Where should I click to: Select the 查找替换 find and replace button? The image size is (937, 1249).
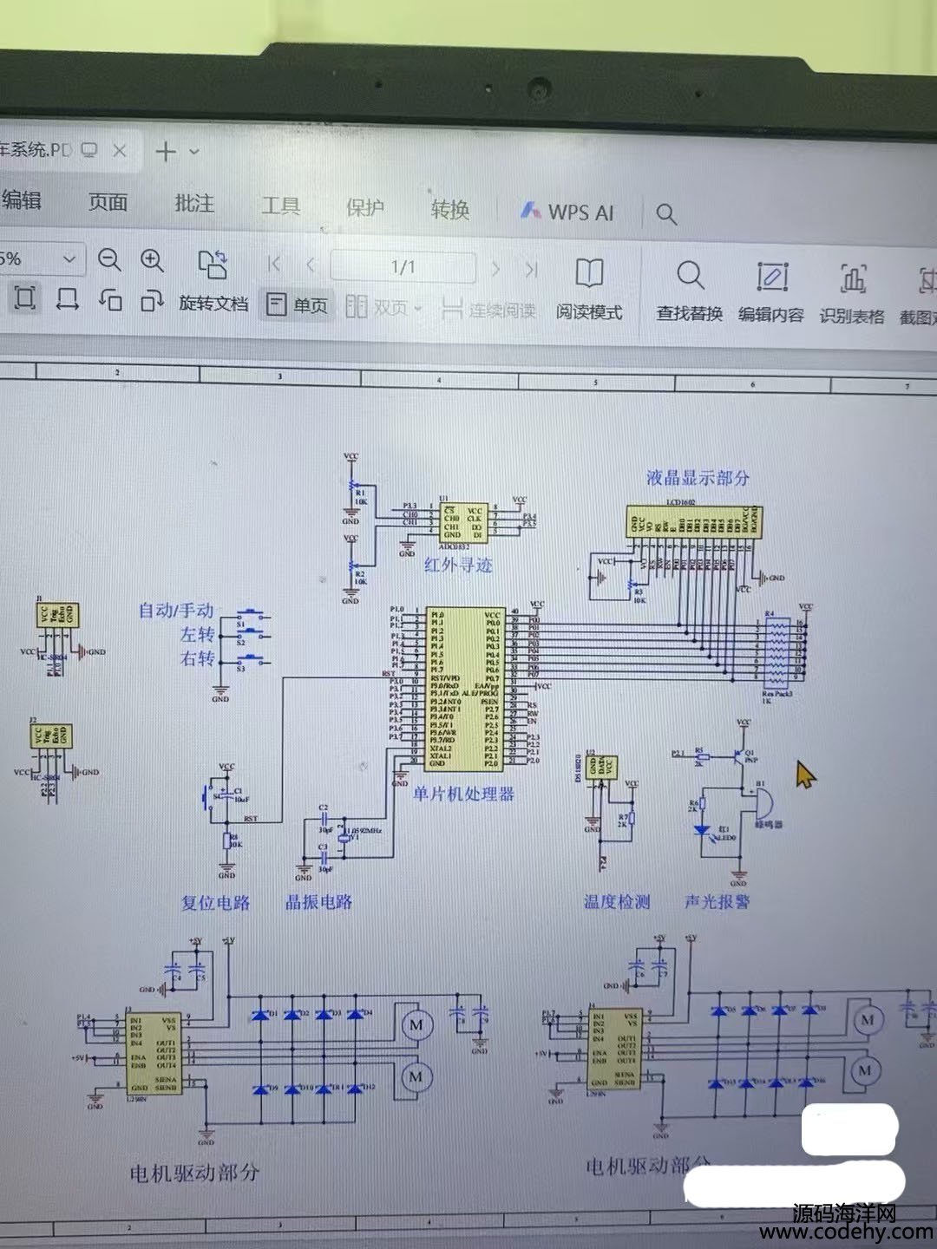[x=690, y=291]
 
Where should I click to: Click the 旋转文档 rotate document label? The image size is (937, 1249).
[x=213, y=304]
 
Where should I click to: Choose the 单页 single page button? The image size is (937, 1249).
[x=298, y=305]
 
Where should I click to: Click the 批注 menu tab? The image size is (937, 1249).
[x=194, y=203]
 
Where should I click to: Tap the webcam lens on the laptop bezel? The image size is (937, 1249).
[x=540, y=88]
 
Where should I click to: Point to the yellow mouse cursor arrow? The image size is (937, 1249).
[x=805, y=774]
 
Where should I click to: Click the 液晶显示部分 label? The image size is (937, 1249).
[x=698, y=477]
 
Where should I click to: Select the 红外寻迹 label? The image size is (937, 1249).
[x=458, y=565]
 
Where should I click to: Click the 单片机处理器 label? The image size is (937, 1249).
[x=463, y=793]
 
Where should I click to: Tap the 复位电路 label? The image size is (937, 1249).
[x=215, y=902]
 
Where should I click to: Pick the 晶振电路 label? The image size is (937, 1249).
[x=319, y=902]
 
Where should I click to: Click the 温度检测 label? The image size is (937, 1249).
[x=617, y=902]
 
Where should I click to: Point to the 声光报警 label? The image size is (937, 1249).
[x=717, y=902]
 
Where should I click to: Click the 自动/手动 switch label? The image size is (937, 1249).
[x=176, y=611]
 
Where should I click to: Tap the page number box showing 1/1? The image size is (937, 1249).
[x=403, y=267]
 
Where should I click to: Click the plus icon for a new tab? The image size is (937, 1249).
[x=165, y=152]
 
